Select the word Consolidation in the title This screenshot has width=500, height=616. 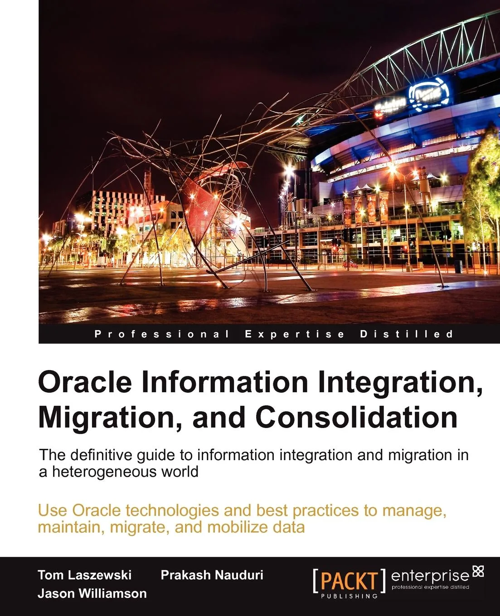tap(356, 418)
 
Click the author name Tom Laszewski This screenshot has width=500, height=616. tap(85, 575)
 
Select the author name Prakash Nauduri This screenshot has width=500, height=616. tap(212, 575)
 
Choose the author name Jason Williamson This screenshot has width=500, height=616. tap(92, 593)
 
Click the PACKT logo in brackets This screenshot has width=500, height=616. tap(349, 581)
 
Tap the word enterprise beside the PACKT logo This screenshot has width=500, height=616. tap(430, 576)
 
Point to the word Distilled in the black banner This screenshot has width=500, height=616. tap(406, 334)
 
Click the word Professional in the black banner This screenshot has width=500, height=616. tap(162, 334)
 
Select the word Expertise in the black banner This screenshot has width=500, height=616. tap(295, 334)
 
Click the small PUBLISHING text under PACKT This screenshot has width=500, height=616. tap(349, 596)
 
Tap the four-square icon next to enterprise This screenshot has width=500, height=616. tap(478, 572)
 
